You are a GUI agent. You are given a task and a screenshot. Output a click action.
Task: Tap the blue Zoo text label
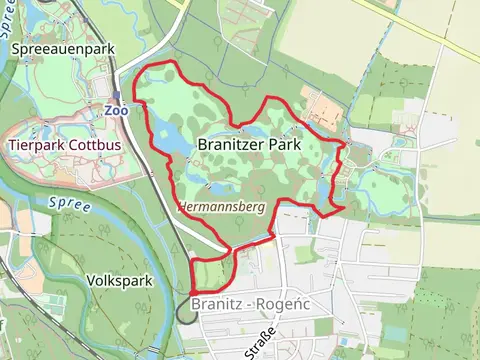tap(114, 111)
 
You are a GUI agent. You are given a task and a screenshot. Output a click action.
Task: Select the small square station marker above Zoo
tap(116, 98)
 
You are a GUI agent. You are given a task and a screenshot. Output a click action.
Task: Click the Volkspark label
tap(119, 281)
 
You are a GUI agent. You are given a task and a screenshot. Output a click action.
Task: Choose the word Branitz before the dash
tap(213, 304)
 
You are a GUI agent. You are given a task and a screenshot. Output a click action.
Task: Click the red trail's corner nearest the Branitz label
tap(191, 291)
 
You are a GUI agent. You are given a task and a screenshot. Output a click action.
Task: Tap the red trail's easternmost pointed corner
tap(345, 208)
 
